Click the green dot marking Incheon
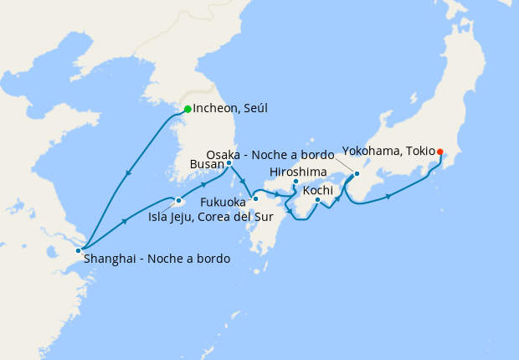[188, 109]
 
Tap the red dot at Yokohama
[440, 152]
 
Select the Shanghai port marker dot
[79, 250]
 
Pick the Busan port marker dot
[229, 163]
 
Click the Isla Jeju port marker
[179, 201]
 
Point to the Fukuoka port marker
[255, 199]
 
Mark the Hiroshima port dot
[295, 181]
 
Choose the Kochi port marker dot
[318, 200]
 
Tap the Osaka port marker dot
[357, 174]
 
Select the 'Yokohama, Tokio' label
[388, 152]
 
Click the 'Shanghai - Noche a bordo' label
[157, 260]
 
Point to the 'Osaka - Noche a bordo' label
[273, 155]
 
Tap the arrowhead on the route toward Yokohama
[389, 197]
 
